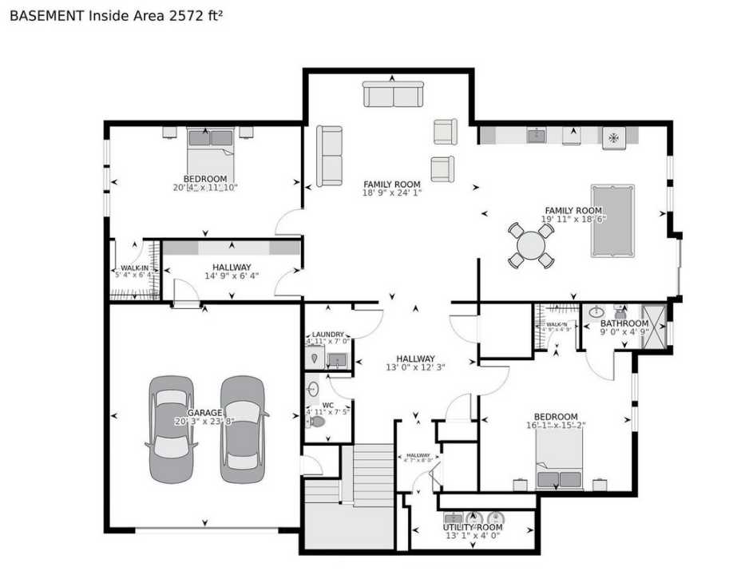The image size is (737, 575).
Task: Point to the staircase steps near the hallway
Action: (373, 474)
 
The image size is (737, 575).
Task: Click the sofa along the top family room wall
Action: (393, 94)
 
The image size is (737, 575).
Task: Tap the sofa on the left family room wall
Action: (329, 156)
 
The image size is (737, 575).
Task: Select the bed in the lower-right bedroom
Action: (559, 467)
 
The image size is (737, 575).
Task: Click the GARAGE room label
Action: (204, 412)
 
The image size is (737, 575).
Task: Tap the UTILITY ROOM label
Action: (473, 528)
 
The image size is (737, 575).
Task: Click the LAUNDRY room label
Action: (327, 335)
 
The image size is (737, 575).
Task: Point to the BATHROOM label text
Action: (624, 323)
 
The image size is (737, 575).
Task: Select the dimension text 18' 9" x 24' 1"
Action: (392, 193)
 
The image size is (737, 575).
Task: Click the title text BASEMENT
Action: (47, 15)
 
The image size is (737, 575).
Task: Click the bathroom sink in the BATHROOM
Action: (597, 312)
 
